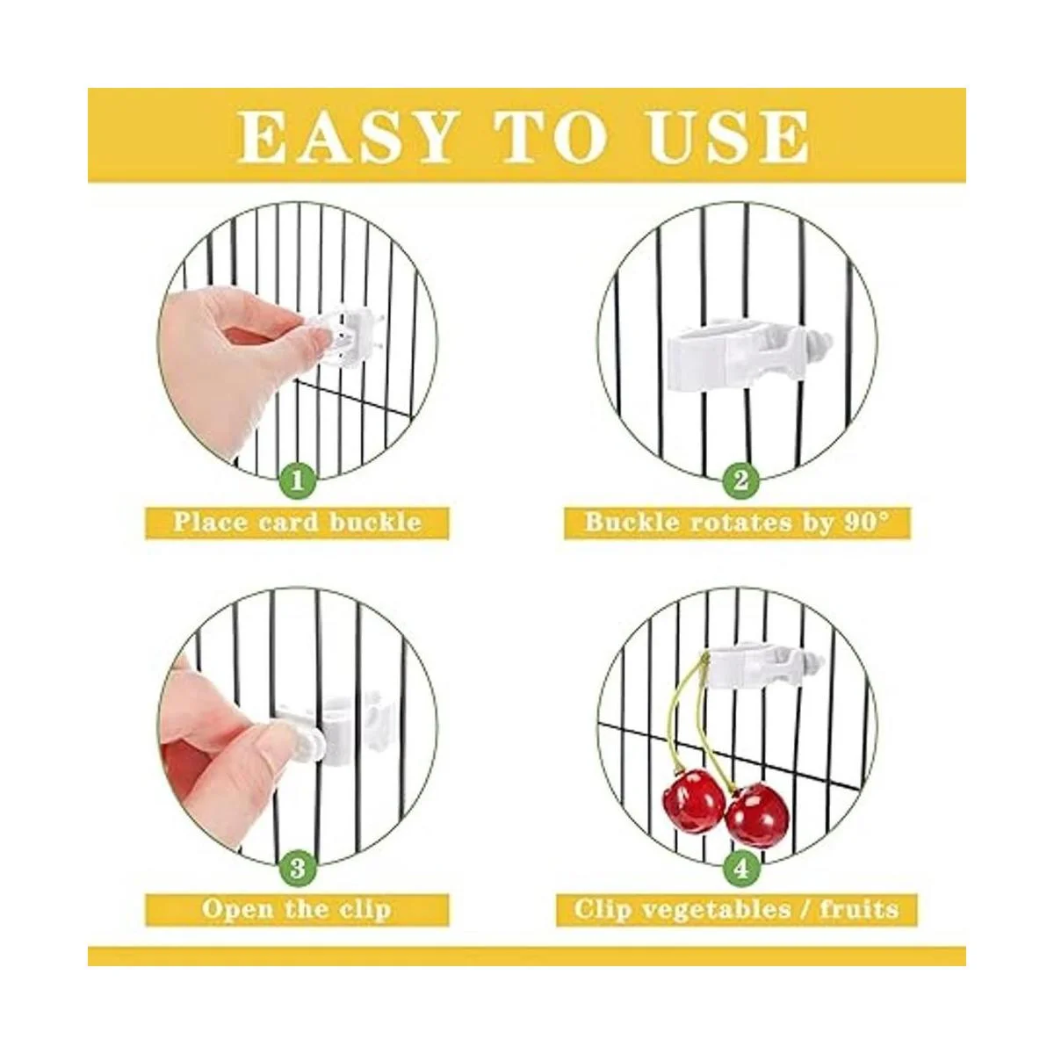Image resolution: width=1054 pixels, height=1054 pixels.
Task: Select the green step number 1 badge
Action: [x=297, y=482]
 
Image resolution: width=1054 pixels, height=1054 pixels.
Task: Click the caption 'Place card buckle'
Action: [x=297, y=522]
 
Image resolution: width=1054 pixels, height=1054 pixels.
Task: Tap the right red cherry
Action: [x=757, y=817]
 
